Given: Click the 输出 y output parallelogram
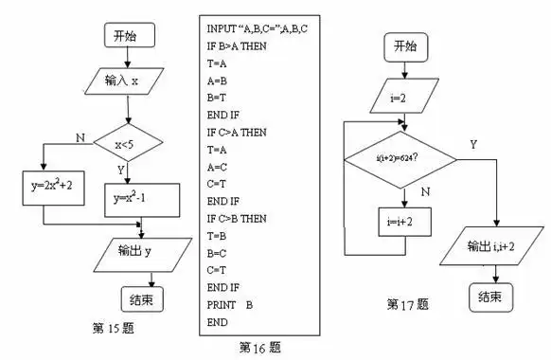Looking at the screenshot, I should (x=141, y=251).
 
